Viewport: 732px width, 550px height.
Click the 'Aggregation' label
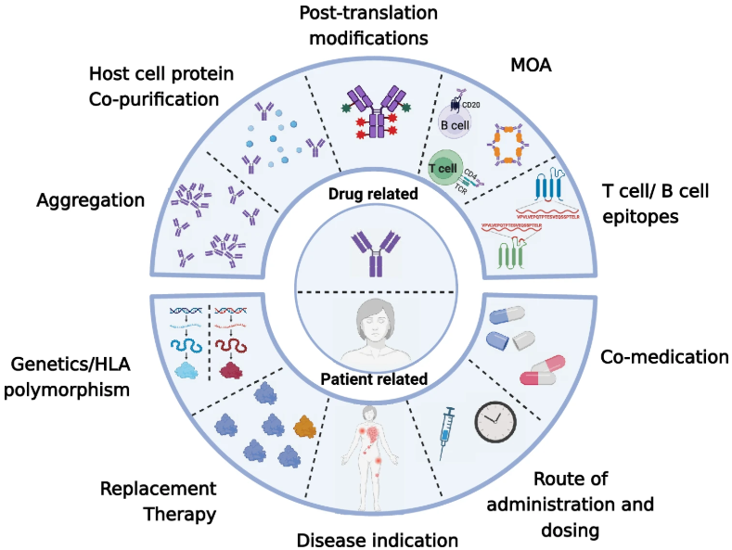92,200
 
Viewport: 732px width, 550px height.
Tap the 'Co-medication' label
663,356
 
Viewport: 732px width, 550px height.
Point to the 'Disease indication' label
378,539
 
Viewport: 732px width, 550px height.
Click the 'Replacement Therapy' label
158,501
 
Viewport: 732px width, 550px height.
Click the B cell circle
456,122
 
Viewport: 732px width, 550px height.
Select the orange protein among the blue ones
303,428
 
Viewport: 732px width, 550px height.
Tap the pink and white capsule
544,368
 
